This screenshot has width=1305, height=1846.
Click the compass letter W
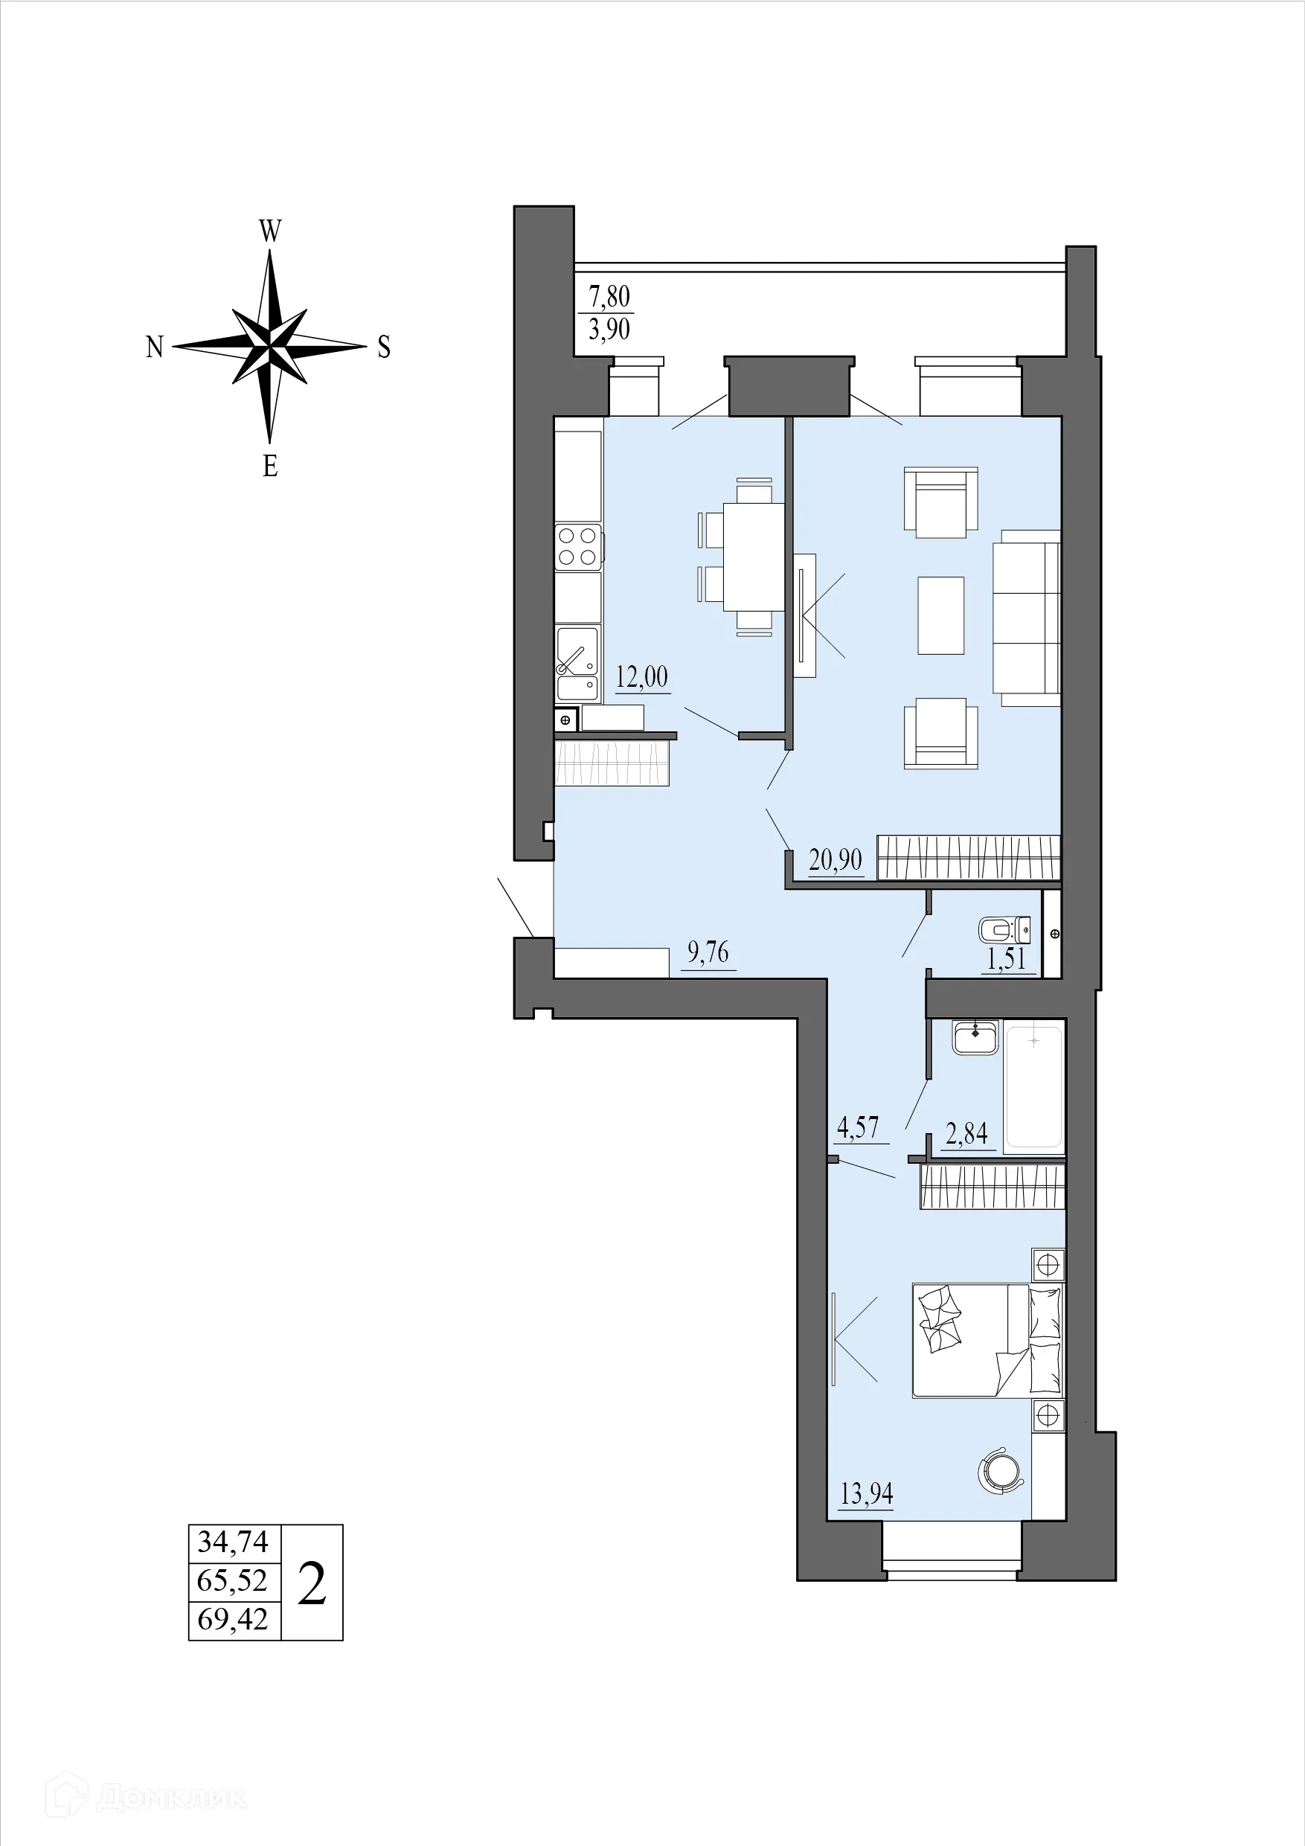(x=270, y=231)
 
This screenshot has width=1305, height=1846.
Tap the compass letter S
(x=385, y=347)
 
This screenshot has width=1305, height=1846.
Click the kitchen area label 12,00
(x=641, y=677)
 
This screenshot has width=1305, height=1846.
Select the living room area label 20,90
(x=836, y=860)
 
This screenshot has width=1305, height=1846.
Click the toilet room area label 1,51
(x=1007, y=958)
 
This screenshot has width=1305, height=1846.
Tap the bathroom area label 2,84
(x=966, y=1134)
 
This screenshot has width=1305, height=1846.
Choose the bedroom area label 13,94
(x=866, y=1494)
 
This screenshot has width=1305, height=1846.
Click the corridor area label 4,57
(x=858, y=1127)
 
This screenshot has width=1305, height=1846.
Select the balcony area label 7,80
(x=609, y=297)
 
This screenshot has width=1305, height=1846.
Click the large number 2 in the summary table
(x=312, y=1583)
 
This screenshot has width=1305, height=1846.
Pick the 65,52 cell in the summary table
(x=232, y=1580)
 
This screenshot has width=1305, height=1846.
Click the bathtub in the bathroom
(x=1033, y=1087)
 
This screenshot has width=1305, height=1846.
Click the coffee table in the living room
(x=940, y=616)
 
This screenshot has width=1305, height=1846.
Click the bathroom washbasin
(x=975, y=1037)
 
